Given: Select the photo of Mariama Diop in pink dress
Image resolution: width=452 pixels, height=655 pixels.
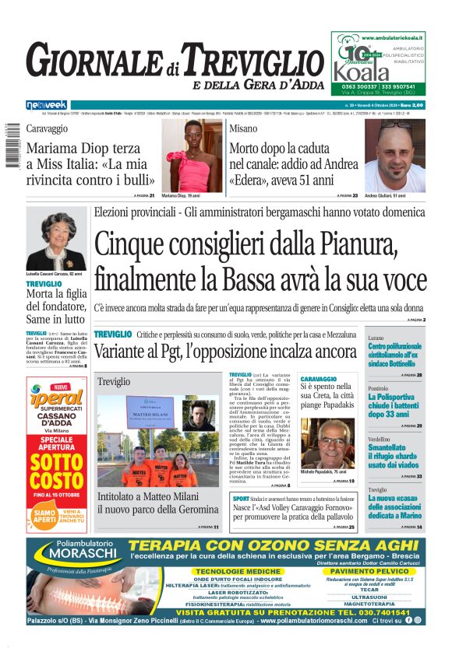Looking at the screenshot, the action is [x=192, y=155].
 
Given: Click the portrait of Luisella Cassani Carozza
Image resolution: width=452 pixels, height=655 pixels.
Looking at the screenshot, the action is [x=55, y=241].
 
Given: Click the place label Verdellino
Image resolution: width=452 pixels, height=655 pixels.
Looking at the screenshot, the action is [x=380, y=439].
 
